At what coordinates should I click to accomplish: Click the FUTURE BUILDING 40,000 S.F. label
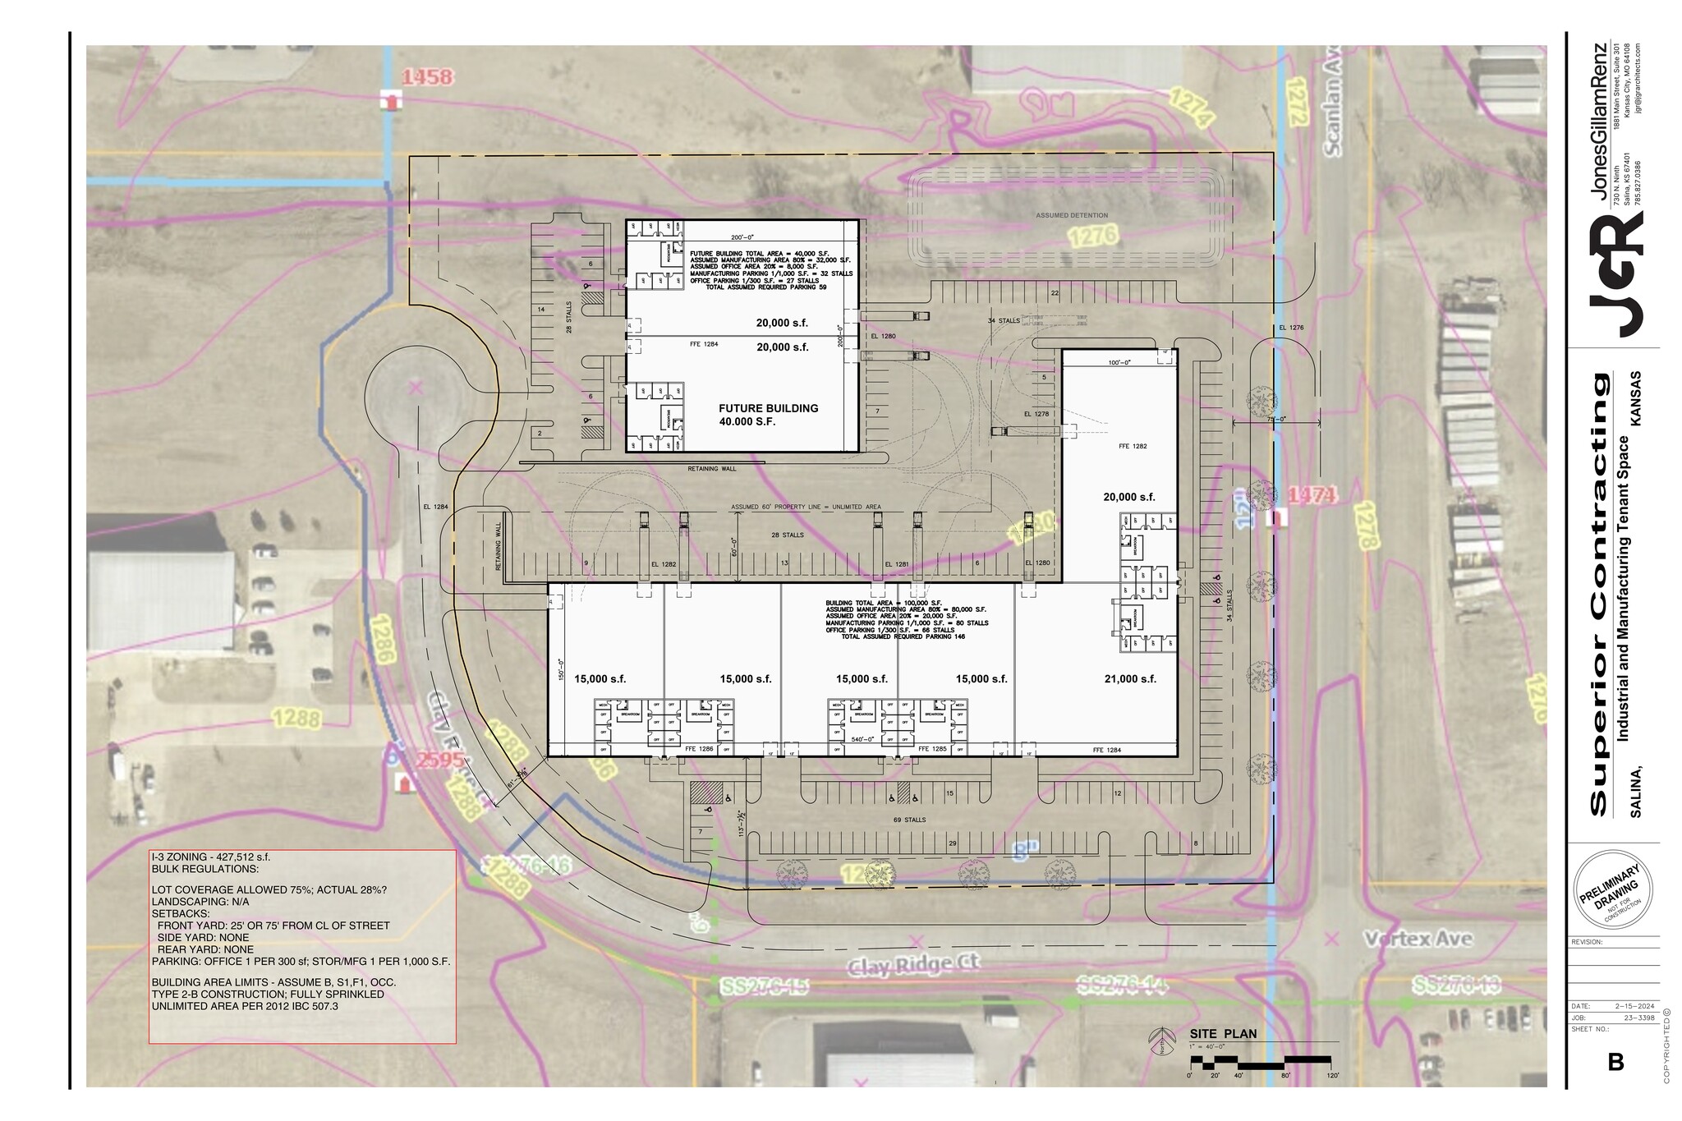(768, 414)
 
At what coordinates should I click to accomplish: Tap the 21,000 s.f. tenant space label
(1130, 679)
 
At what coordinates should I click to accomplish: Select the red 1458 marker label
(427, 77)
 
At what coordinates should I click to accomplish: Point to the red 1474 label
(1312, 495)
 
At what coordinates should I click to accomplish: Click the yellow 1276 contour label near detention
(1093, 237)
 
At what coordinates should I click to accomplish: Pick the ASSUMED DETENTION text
(1071, 215)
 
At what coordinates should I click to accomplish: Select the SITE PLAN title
(1222, 1034)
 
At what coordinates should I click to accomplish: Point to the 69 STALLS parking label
(909, 820)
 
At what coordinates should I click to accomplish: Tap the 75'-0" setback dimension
(1276, 419)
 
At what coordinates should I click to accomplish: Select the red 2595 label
(440, 760)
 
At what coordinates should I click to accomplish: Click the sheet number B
(1615, 1063)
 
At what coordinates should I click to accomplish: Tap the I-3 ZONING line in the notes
(211, 857)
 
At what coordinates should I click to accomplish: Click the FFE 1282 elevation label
(1132, 446)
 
